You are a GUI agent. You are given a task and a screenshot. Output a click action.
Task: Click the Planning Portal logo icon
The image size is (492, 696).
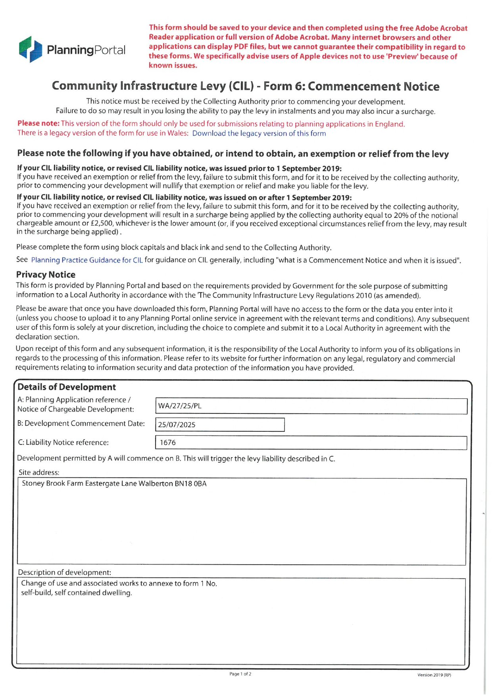click(30, 49)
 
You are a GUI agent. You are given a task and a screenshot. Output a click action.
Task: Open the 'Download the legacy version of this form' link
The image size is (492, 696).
click(259, 133)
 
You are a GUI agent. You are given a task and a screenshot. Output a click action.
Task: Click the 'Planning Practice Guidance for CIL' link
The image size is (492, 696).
click(86, 260)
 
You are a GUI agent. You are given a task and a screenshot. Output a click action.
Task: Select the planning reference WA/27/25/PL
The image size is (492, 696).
click(180, 406)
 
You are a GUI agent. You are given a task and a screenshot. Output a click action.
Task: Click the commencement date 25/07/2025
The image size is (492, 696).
click(177, 425)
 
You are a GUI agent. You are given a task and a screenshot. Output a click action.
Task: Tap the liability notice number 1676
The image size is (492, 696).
click(167, 442)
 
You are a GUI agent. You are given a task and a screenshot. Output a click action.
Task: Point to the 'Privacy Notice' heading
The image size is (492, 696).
click(46, 275)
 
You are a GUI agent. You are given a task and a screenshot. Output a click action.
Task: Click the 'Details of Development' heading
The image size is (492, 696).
click(67, 387)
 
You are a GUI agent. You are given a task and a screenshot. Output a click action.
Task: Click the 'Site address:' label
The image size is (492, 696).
click(39, 472)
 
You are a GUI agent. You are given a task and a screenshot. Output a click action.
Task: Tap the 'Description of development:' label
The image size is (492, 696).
click(64, 572)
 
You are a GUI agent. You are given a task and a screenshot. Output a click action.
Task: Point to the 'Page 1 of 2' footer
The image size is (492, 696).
click(240, 674)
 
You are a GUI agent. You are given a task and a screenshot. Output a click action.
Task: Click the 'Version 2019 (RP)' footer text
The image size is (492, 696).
click(434, 675)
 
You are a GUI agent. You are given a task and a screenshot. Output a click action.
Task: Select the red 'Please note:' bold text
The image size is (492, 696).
click(38, 123)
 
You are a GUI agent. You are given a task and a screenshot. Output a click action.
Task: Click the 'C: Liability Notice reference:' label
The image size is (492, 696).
click(63, 442)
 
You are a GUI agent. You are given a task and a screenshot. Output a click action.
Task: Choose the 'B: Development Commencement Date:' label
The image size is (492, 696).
click(81, 423)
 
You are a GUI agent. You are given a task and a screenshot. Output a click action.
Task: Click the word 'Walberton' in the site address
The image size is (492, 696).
click(156, 484)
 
